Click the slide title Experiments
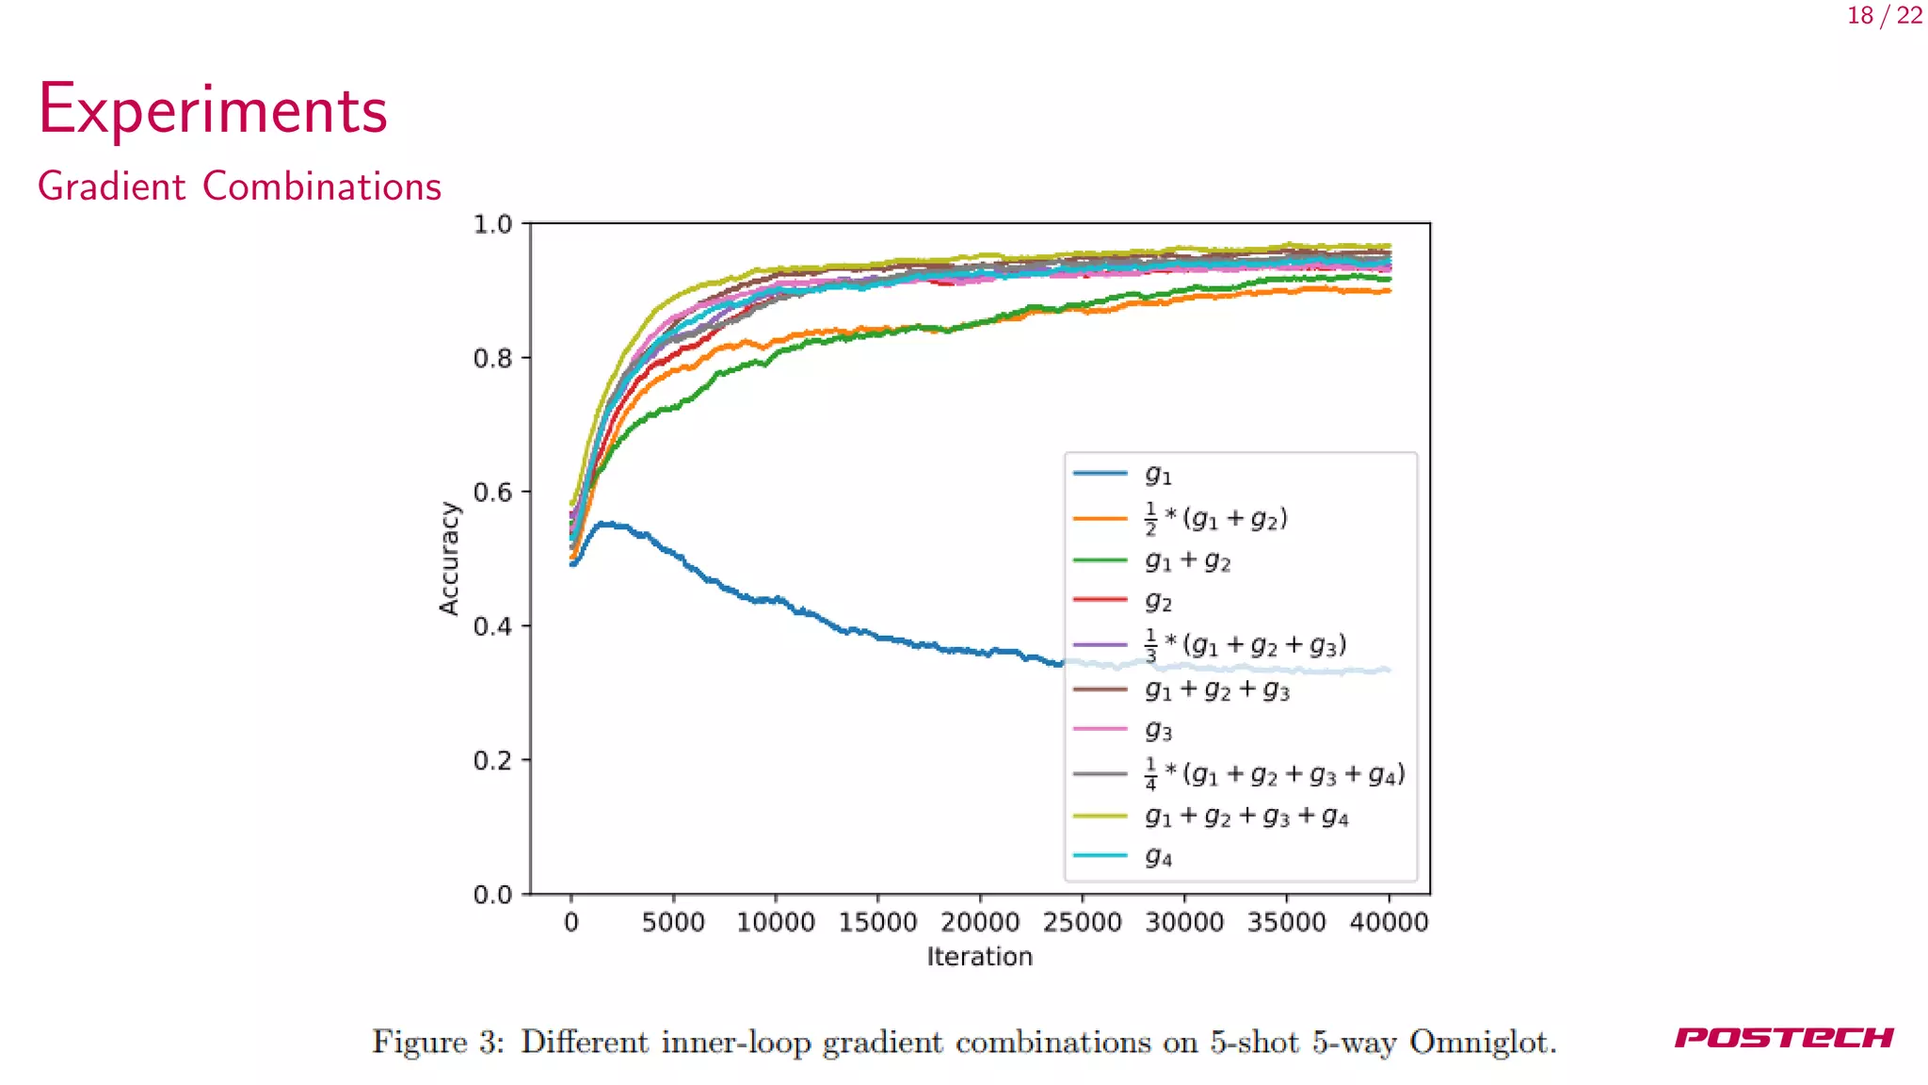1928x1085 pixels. pos(213,110)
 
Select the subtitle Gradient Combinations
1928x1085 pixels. pos(239,186)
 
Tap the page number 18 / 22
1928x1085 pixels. pos(1885,16)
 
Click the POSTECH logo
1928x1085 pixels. pos(1784,1038)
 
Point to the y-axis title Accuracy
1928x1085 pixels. pos(449,559)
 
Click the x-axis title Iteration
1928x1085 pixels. pos(979,957)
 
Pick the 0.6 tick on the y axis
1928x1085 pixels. pos(492,493)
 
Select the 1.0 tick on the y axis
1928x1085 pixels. pos(492,225)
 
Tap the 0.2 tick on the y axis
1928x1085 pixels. pos(492,761)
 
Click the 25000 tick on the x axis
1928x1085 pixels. pos(1082,922)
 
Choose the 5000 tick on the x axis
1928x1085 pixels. pos(673,922)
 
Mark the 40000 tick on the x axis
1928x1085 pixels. pos(1389,922)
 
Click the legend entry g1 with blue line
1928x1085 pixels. pos(1158,475)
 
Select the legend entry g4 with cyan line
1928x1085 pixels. pos(1158,856)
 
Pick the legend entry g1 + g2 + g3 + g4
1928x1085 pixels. pos(1246,816)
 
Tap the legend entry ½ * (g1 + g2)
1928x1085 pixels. pos(1215,518)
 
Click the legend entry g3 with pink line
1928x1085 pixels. pos(1158,730)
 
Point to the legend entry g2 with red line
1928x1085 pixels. pos(1158,601)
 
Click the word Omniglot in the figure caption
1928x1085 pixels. pos(1482,1042)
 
